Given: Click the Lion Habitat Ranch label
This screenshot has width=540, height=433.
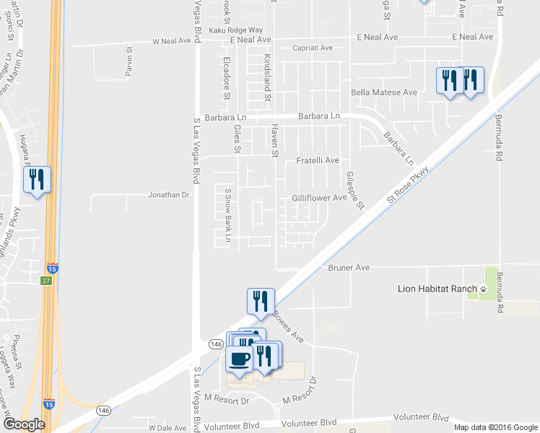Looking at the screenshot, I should (x=437, y=289).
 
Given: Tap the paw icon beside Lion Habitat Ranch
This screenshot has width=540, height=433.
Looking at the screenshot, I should (x=484, y=289).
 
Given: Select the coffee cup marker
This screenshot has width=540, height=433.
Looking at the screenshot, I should (x=240, y=358).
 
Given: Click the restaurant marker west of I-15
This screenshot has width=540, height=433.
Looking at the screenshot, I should (x=38, y=179).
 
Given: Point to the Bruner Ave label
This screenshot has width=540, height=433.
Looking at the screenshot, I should (x=349, y=268).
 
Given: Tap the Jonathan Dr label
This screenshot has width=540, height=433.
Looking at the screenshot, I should (x=168, y=195).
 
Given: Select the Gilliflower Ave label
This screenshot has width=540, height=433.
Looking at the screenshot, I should (x=320, y=198).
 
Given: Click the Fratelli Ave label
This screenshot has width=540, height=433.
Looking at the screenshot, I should (x=318, y=160).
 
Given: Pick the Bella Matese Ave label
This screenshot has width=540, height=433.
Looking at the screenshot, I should (x=384, y=92).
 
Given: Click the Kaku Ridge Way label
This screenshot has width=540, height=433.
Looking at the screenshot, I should (x=236, y=30).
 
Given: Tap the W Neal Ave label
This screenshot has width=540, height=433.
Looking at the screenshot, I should (x=170, y=42).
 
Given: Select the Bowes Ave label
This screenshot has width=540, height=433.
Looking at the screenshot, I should (x=288, y=327).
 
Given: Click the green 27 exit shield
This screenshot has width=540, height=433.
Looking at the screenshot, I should (x=46, y=281).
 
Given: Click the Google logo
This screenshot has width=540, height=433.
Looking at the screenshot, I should (x=24, y=424).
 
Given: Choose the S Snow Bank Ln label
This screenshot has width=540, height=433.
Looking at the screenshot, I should (x=228, y=215).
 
